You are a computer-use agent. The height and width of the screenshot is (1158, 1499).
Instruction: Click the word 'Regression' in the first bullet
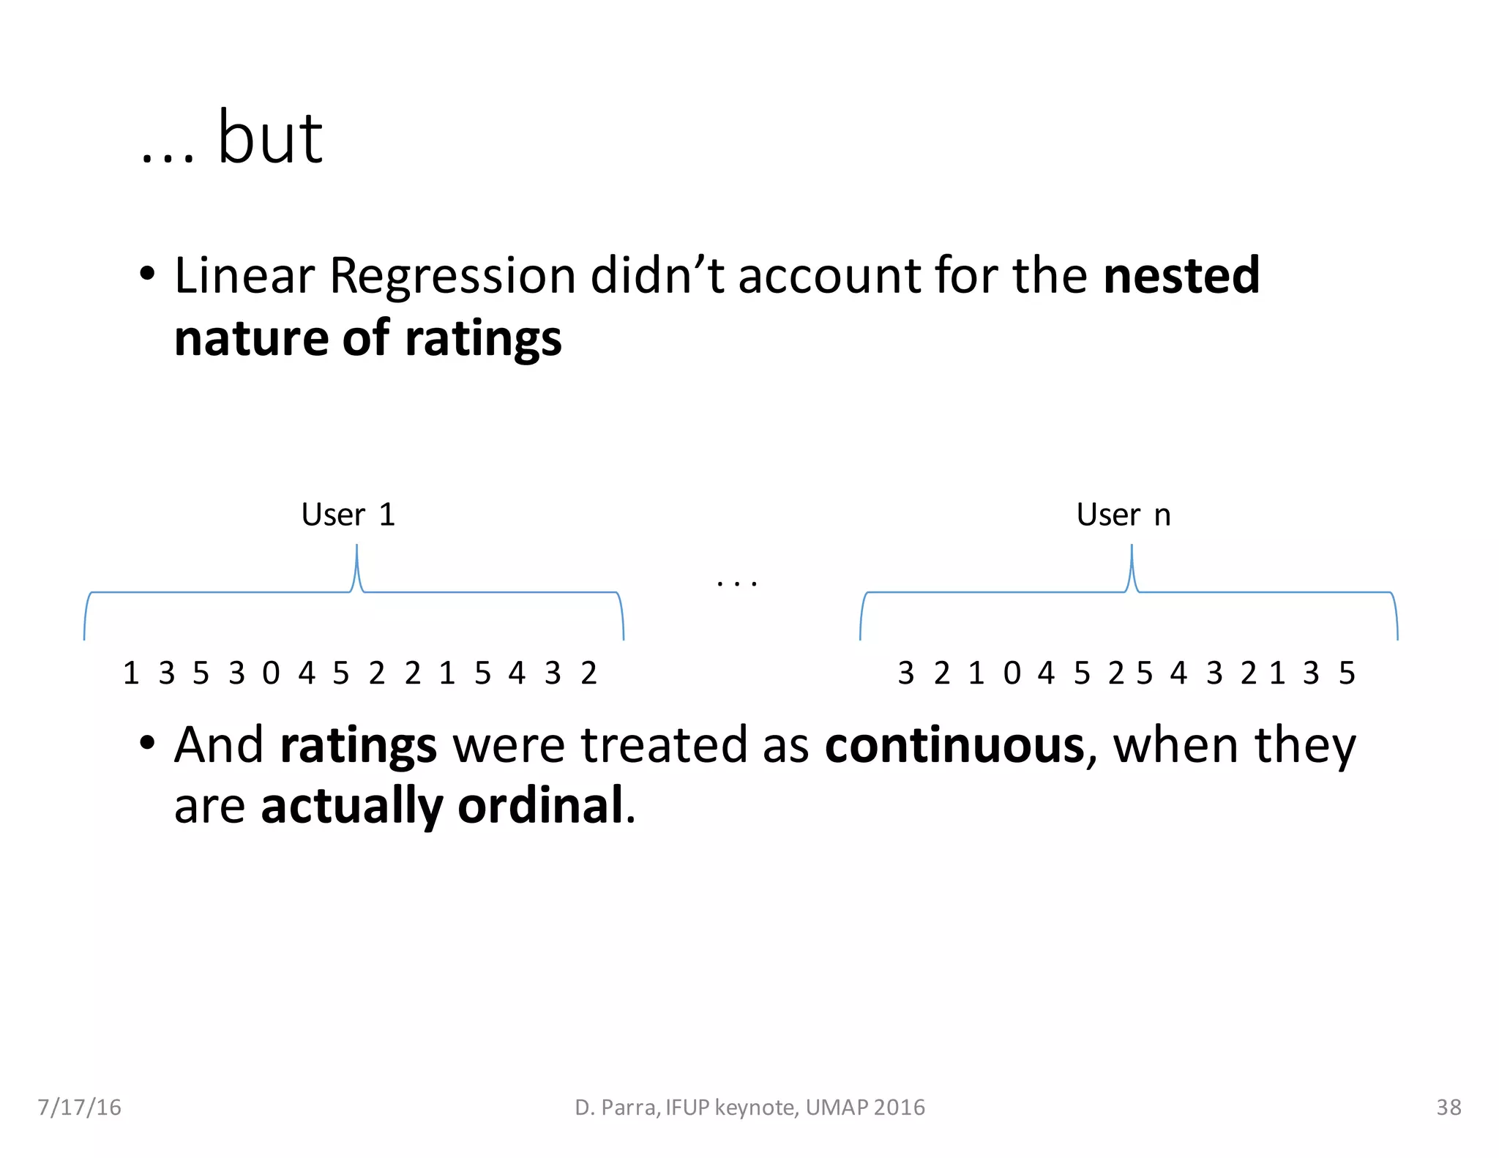coord(452,277)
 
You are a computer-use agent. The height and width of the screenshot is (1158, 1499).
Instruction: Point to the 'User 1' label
coord(348,515)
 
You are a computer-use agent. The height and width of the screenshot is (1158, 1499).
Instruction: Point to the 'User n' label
coord(1123,515)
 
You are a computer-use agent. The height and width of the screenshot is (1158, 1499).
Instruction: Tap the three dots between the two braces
coord(737,583)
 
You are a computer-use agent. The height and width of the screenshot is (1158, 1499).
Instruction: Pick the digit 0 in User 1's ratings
coord(271,673)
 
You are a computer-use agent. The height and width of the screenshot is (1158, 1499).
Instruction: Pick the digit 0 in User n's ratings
coord(1012,673)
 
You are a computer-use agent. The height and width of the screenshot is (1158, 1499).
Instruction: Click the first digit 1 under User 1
coord(131,673)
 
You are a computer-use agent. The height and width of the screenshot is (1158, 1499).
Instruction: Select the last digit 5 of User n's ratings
coord(1347,673)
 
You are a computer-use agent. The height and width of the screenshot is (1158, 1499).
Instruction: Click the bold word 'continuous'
coord(954,745)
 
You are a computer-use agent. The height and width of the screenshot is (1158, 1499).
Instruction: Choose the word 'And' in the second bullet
coord(218,745)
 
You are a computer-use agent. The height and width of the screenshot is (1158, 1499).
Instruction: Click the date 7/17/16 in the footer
coord(79,1107)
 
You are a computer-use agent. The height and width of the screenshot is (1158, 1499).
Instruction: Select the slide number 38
coord(1448,1107)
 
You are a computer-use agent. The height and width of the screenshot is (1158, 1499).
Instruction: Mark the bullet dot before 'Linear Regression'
coord(147,274)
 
